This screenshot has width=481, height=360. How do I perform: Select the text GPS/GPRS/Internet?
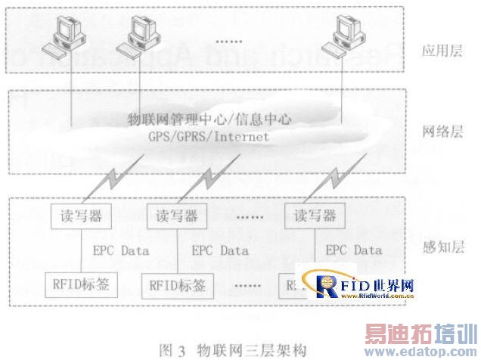click(x=209, y=138)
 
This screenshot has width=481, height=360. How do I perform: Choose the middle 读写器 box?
click(x=175, y=216)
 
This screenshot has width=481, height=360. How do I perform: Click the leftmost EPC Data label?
click(x=121, y=250)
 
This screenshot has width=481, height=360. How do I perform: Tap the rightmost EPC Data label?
click(x=353, y=250)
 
